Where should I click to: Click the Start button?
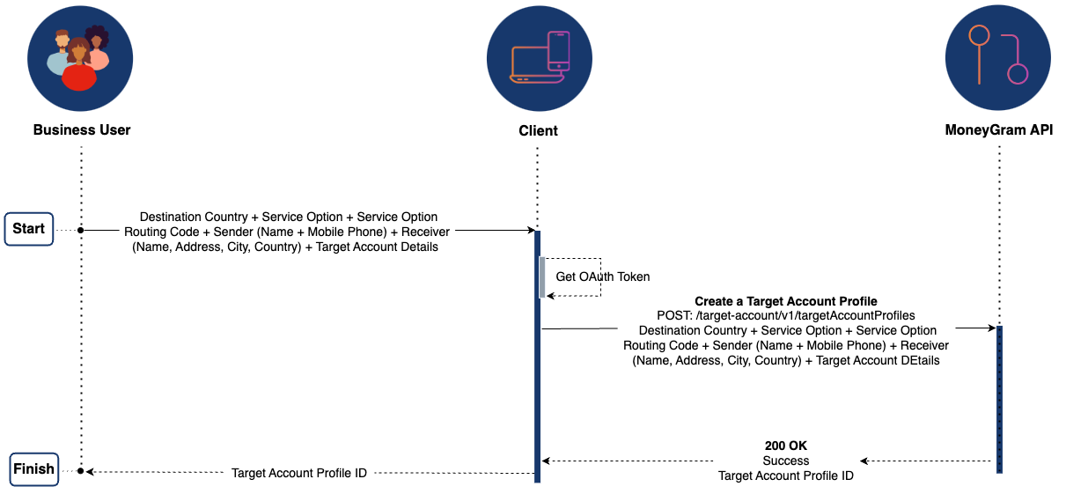tap(29, 229)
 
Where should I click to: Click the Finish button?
tap(34, 468)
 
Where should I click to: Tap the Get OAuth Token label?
tap(603, 276)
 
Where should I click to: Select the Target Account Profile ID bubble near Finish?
tap(299, 473)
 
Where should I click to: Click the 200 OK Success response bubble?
tap(786, 461)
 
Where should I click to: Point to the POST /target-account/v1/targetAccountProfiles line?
tap(786, 315)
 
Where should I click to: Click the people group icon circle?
tap(80, 57)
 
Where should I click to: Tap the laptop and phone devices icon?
tap(539, 57)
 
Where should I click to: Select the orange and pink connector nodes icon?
tap(997, 57)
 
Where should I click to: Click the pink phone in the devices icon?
tap(559, 49)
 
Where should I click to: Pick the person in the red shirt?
tap(79, 70)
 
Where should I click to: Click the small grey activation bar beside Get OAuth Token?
tap(542, 276)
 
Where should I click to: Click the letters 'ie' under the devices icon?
tap(539, 131)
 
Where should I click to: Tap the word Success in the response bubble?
tap(786, 461)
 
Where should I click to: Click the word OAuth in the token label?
tap(597, 276)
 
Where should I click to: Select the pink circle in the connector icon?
tap(1018, 74)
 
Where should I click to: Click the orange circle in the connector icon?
tap(979, 35)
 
